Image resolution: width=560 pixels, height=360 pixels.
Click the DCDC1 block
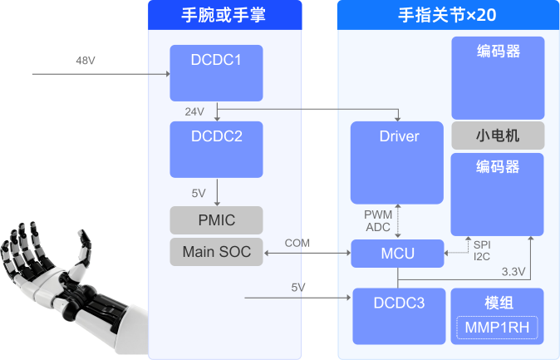click(x=216, y=73)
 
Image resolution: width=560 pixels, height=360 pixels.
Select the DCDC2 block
click(x=216, y=149)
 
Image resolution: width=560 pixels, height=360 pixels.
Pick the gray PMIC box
click(x=216, y=220)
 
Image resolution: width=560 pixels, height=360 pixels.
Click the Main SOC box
click(x=216, y=252)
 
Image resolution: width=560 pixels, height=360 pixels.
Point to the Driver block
click(x=399, y=162)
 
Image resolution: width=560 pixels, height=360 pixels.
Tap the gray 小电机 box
click(x=498, y=136)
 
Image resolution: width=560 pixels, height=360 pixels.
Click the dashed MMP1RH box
click(x=497, y=328)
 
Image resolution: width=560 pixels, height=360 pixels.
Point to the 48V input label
click(x=86, y=61)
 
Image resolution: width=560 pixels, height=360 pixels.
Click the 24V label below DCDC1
click(x=194, y=111)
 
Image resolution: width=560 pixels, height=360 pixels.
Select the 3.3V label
click(x=513, y=271)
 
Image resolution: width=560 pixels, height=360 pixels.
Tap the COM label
click(x=297, y=243)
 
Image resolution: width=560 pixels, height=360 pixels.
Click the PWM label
click(x=378, y=215)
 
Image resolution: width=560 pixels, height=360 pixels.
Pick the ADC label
click(x=378, y=226)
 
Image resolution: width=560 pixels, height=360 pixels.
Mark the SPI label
click(x=482, y=244)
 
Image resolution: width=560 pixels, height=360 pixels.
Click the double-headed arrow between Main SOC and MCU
click(x=307, y=253)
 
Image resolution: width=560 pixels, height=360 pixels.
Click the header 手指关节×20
click(x=447, y=14)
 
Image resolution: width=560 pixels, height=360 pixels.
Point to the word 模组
click(x=497, y=302)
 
